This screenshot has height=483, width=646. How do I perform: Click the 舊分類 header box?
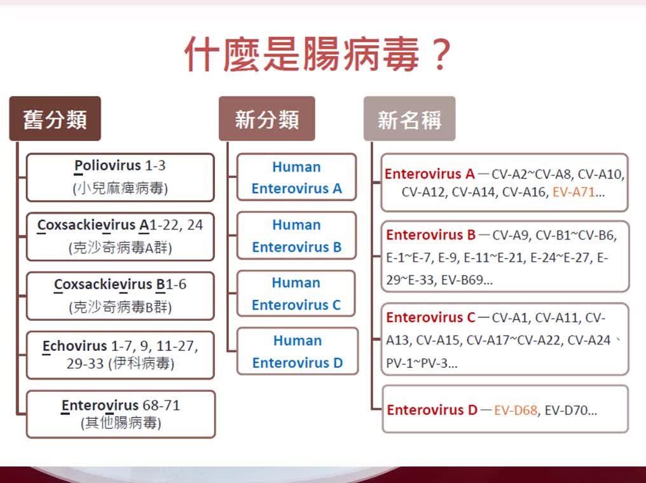point(55,119)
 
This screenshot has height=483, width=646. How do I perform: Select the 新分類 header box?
point(267,119)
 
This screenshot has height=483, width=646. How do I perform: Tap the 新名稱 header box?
point(409,119)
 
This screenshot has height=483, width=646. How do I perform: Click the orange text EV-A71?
point(574,192)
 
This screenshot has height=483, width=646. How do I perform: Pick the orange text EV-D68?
point(516,410)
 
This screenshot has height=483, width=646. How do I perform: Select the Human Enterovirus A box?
point(297,177)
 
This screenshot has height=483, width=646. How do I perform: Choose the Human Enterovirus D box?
point(298,351)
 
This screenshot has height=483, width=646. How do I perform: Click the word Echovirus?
point(74,346)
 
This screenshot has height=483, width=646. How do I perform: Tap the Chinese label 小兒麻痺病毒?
point(120,188)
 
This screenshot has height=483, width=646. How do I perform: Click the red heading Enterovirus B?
point(430,235)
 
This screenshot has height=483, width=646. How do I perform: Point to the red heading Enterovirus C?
point(430,318)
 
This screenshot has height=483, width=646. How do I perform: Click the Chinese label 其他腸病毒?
point(121,423)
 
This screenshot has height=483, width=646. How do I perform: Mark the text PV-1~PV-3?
point(417,363)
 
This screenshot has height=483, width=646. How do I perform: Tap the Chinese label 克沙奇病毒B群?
point(120,307)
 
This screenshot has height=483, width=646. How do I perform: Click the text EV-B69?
point(462,280)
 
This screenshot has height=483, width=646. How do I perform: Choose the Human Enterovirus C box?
point(296,294)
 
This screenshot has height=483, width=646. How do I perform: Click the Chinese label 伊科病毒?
point(142,363)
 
